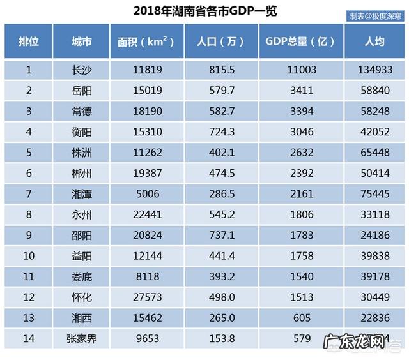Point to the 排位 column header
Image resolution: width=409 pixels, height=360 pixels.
pos(28,41)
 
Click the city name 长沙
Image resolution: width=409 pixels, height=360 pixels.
pos(81,70)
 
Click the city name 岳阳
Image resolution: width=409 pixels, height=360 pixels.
pos(81,91)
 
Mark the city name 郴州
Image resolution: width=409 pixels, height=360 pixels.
pos(81,172)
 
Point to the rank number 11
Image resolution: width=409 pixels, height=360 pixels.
pos(28,276)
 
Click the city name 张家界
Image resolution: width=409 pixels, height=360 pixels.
pos(81,338)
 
